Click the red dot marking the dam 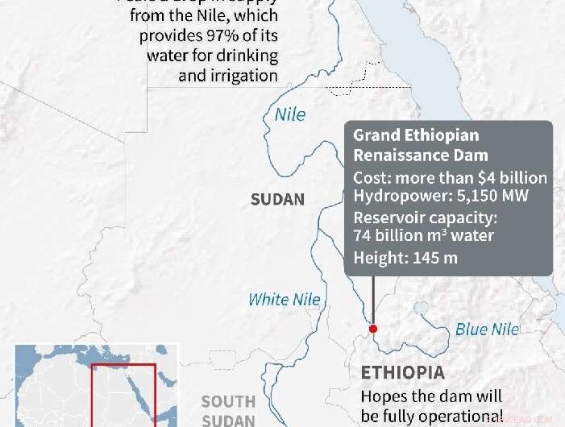pos(373,328)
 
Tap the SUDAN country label pos(278,199)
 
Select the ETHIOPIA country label pos(402,373)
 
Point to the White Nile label pos(284,300)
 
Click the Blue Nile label pos(488,329)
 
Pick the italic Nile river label pos(290,114)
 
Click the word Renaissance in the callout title pos(399,155)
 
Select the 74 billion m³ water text pos(423,236)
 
